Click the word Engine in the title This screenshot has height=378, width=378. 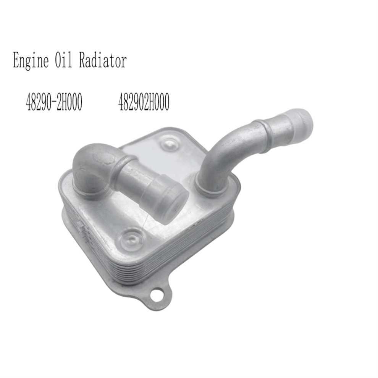(x=31, y=61)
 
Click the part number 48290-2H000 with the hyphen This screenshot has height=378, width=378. (x=54, y=102)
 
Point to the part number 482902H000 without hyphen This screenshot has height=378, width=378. (x=144, y=102)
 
